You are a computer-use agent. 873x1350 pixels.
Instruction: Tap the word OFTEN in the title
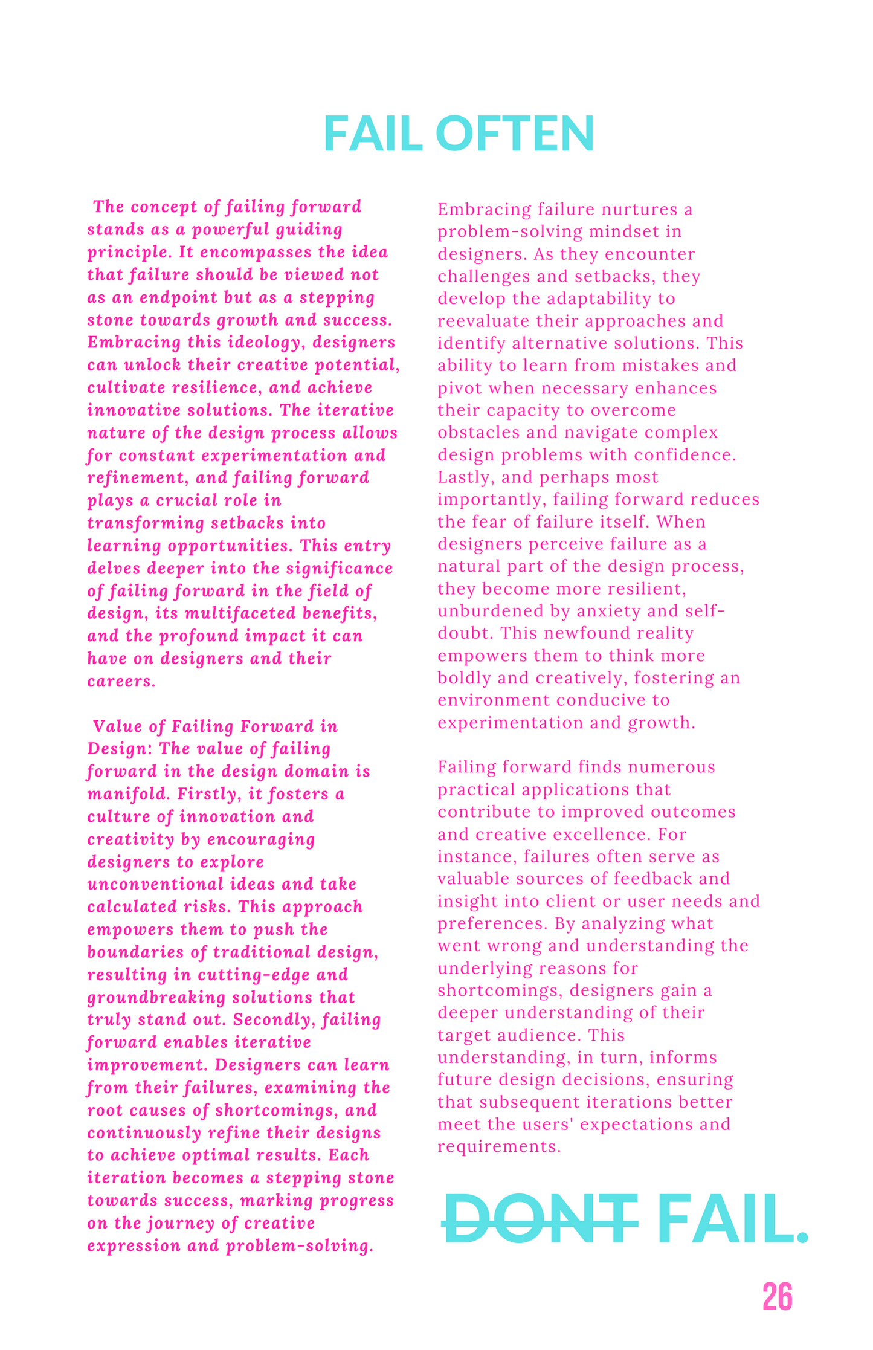(515, 134)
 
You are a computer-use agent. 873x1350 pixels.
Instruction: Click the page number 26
(777, 1297)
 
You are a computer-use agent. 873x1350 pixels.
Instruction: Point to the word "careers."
(121, 682)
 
